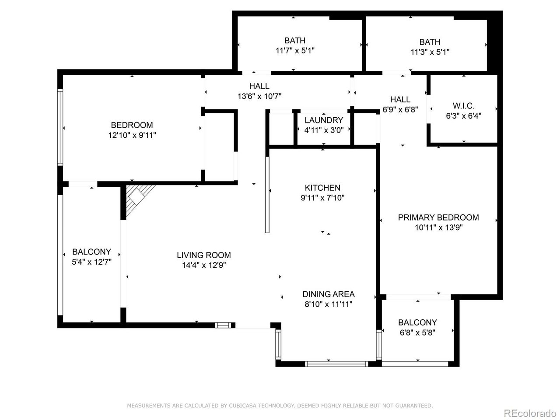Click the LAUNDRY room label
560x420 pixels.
point(324,120)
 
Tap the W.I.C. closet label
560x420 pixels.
point(463,106)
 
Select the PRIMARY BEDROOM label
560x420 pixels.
point(438,217)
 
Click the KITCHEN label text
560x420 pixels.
point(323,188)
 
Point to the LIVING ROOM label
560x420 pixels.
point(203,255)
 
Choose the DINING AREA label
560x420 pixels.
point(328,294)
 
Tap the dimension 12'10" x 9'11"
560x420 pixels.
point(132,136)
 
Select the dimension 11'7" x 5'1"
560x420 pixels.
point(295,51)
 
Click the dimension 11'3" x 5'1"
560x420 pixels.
point(430,52)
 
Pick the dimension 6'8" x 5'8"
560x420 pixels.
point(417,332)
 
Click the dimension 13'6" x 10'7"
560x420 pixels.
point(259,97)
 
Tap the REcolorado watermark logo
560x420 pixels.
point(529,413)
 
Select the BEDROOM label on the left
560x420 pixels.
point(132,125)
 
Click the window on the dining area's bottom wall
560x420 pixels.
point(336,363)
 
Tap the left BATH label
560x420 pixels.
point(295,41)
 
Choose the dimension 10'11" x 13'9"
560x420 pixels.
point(438,227)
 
